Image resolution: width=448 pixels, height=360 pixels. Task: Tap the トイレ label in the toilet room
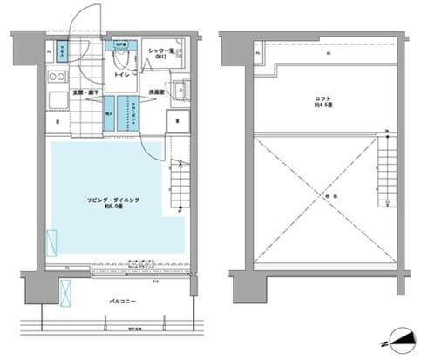124,76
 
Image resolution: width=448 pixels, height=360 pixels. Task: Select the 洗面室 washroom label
157,92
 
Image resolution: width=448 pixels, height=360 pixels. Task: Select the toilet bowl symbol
122,58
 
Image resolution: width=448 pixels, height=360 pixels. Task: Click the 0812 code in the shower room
160,59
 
